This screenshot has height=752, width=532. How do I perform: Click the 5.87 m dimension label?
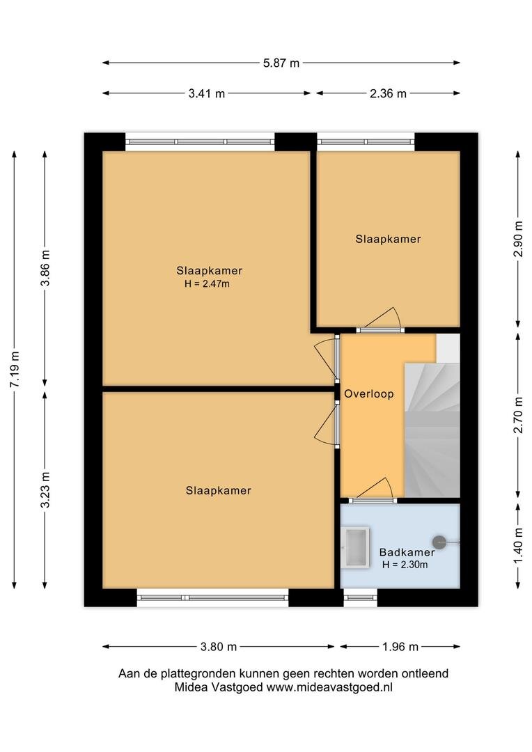point(281,63)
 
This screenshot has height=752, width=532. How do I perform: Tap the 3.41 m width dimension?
point(206,93)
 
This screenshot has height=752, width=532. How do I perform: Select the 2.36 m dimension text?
point(388,93)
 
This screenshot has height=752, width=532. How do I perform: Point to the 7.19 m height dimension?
point(15,369)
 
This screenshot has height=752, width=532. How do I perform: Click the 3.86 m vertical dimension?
point(45,268)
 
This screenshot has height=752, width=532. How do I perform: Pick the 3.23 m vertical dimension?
point(45,489)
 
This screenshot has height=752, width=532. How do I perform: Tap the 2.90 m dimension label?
point(518,239)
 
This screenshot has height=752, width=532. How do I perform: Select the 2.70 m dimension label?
point(518,415)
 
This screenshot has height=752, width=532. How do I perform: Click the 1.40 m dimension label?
point(518,546)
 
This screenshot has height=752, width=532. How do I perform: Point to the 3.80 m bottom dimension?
point(218,647)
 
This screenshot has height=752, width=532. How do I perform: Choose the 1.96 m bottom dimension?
point(400,647)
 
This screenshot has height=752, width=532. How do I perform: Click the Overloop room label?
point(369,394)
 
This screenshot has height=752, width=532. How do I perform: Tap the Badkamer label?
point(407,552)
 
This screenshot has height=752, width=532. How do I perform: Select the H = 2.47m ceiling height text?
point(208,284)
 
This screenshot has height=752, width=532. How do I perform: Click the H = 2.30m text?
point(405,565)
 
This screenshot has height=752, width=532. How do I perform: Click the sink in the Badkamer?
point(355,547)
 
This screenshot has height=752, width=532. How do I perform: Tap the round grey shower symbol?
point(439,542)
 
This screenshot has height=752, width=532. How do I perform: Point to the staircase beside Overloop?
point(432,430)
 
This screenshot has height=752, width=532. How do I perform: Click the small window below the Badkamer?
point(360,597)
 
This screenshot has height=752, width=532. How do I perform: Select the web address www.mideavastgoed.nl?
point(329,687)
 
